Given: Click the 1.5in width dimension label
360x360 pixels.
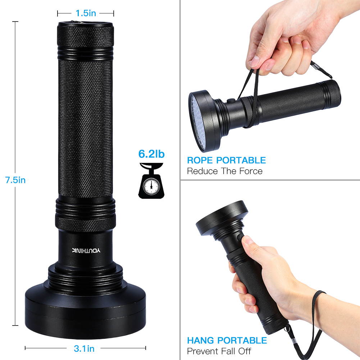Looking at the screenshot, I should tap(86, 13).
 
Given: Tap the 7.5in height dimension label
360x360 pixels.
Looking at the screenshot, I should tap(15, 180).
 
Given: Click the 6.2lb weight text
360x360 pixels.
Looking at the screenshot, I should tap(151, 154).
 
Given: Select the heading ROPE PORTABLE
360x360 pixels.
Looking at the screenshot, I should tap(226, 160).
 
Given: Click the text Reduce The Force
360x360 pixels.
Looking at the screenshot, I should tap(224, 171).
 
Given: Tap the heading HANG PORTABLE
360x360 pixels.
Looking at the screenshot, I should tap(227, 340).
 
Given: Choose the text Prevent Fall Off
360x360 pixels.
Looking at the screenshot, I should tap(219, 351).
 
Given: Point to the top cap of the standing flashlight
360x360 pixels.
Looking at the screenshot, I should tap(86, 34).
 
